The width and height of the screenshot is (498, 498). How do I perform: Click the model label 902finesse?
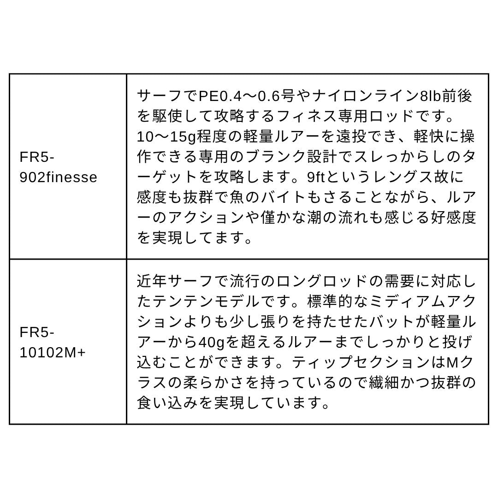pos(58,178)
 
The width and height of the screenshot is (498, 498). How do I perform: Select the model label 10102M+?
pos(53,353)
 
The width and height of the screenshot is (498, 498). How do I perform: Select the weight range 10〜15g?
pos(167,137)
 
